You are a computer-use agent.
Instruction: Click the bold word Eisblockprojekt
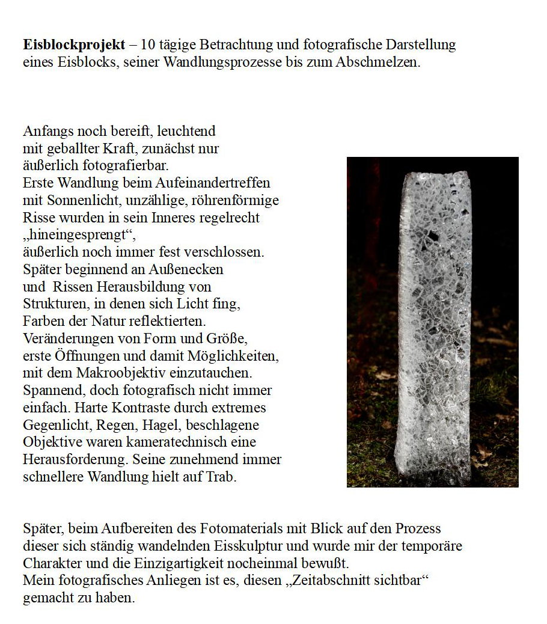tap(74, 45)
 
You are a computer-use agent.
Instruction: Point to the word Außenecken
tap(188, 269)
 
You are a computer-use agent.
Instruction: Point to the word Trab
tap(224, 477)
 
